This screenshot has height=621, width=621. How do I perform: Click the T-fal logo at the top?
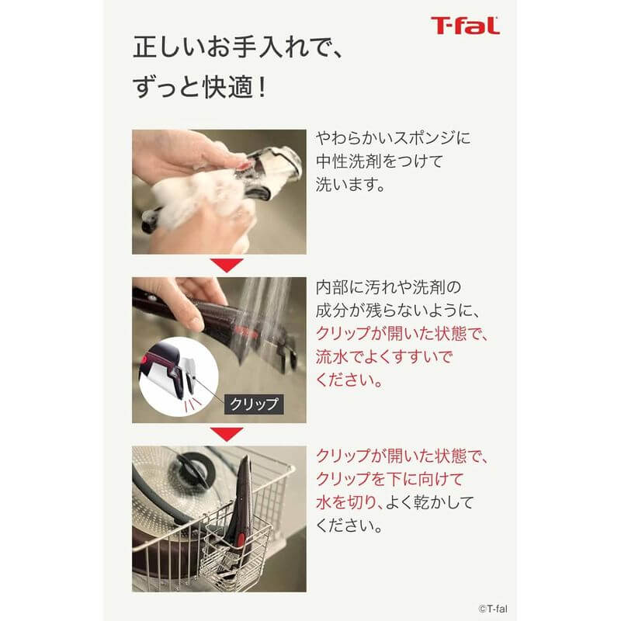tap(465, 26)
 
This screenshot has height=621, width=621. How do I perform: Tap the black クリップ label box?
tap(253, 404)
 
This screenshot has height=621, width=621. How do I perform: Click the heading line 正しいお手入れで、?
tap(238, 48)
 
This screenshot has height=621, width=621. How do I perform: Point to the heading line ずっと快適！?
tap(201, 87)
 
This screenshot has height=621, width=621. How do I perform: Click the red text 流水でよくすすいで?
tap(384, 357)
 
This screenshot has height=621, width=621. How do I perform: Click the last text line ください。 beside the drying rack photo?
tap(349, 525)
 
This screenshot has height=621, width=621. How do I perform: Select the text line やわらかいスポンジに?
tap(393, 138)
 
